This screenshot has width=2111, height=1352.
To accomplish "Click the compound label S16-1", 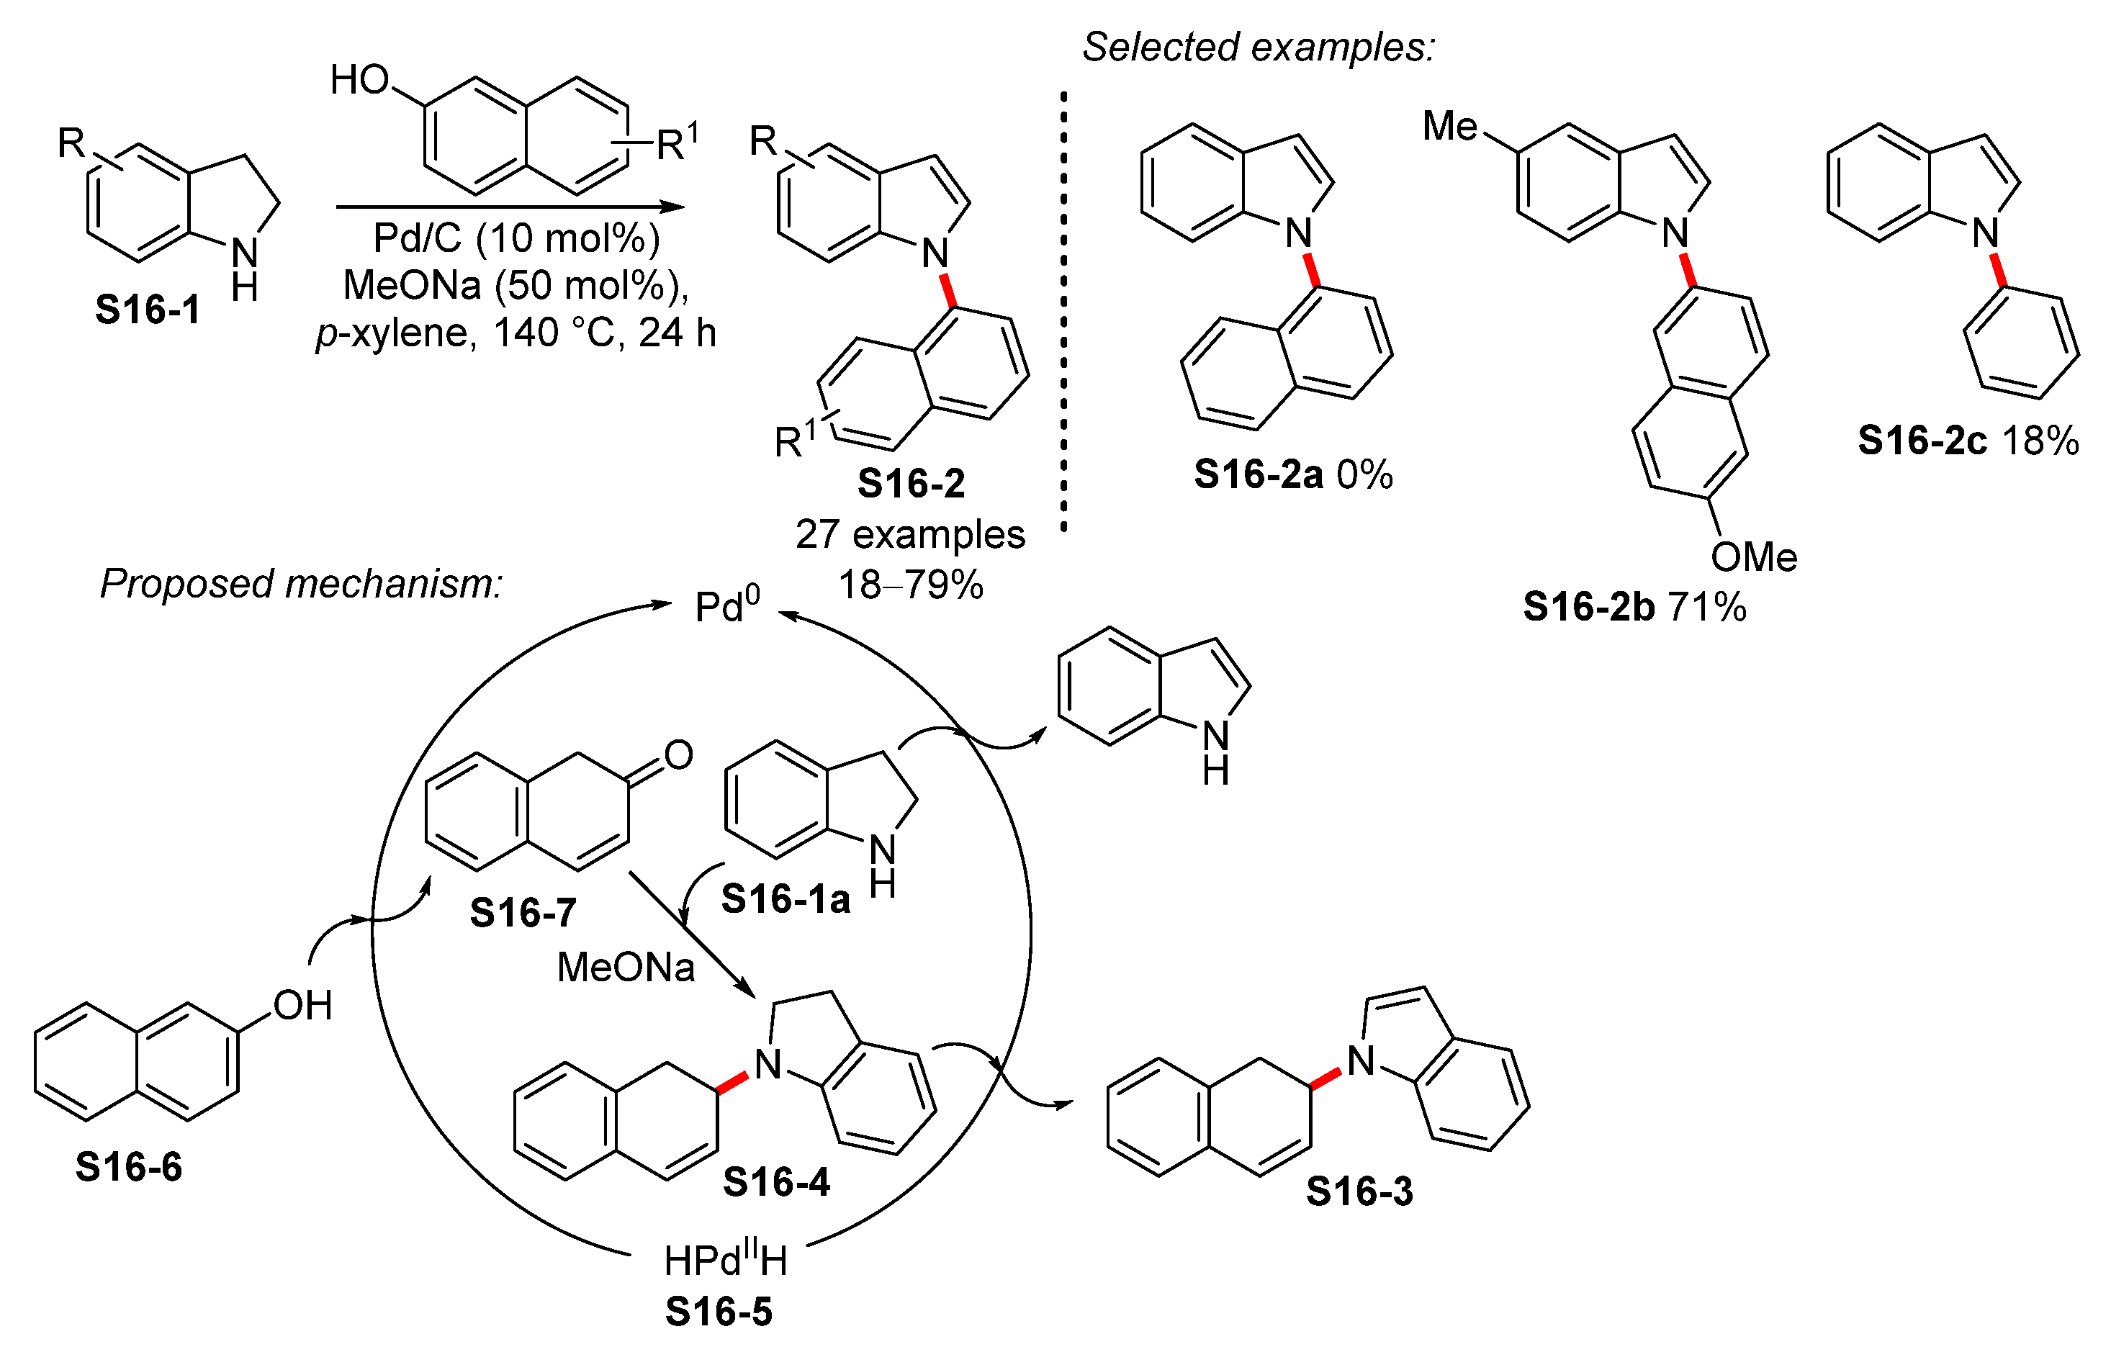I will click(148, 310).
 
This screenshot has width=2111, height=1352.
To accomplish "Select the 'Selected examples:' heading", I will click(1257, 47).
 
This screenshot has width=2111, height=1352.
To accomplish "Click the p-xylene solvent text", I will click(395, 333).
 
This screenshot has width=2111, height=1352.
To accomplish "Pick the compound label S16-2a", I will click(1258, 475).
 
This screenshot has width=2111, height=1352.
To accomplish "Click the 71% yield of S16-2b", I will click(1707, 608).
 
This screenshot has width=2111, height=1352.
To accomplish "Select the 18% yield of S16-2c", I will click(2040, 441).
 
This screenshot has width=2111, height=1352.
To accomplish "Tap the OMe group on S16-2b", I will click(1754, 556).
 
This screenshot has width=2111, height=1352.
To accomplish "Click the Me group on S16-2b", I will click(1449, 127).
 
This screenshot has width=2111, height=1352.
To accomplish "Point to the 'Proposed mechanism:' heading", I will click(301, 584).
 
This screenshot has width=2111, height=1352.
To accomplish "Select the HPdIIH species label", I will click(725, 1261).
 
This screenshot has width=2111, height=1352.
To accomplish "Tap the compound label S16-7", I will click(523, 913).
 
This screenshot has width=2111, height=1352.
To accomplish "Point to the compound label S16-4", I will click(776, 1183).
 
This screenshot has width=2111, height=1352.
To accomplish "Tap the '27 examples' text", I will click(910, 535).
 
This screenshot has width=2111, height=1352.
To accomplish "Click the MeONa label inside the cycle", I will click(626, 968).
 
